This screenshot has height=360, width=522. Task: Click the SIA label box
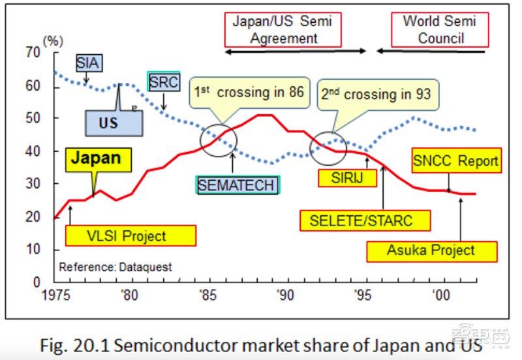click(88, 63)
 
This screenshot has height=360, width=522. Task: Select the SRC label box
click(164, 82)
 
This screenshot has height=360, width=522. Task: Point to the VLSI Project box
click(130, 236)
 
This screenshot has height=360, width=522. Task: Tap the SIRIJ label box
click(346, 177)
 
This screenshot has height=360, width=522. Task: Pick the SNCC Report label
click(456, 160)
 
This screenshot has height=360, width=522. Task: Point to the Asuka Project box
click(431, 250)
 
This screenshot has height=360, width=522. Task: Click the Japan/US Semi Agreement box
click(283, 29)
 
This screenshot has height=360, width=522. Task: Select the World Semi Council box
click(440, 29)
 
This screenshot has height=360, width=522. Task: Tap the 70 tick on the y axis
click(33, 53)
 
